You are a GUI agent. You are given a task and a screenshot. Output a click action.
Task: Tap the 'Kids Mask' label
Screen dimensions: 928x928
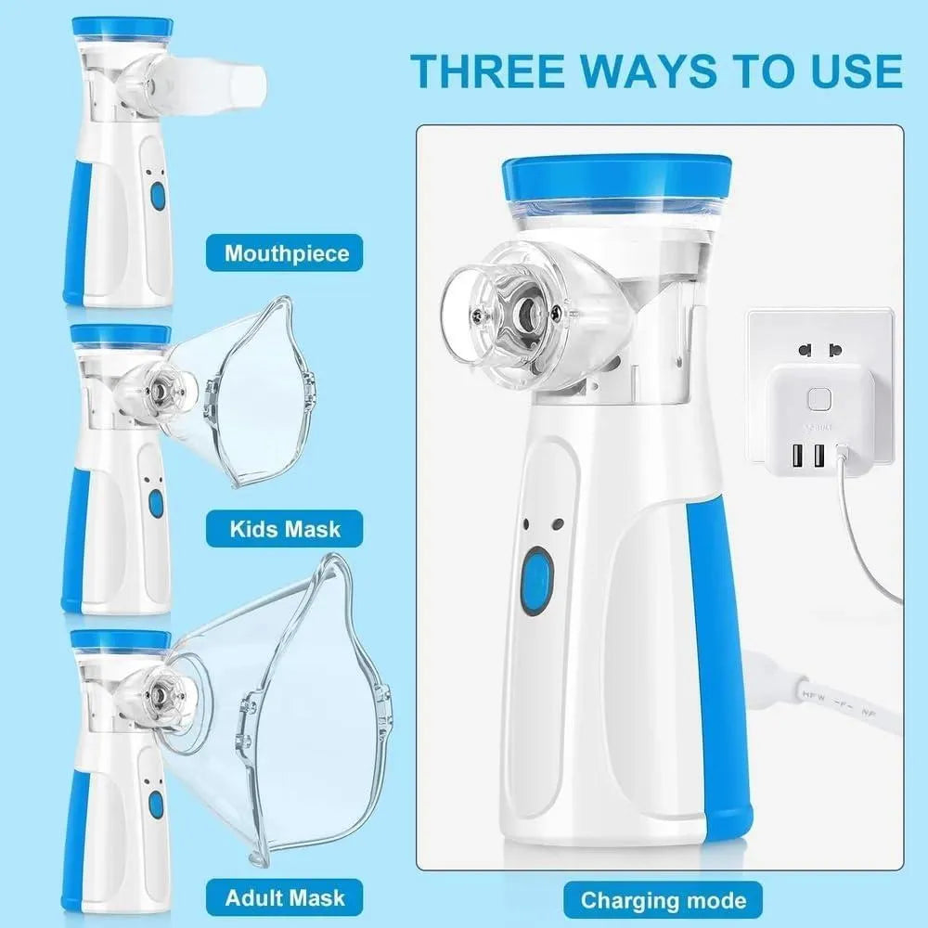pyautogui.click(x=285, y=530)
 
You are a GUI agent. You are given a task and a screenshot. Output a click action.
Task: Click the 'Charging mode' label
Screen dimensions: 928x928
pyautogui.click(x=663, y=899)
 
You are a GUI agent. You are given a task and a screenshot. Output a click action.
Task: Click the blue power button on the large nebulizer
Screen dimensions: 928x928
pyautogui.click(x=536, y=581)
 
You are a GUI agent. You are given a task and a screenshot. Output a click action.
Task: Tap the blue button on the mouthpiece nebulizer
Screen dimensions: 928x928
pyautogui.click(x=157, y=196)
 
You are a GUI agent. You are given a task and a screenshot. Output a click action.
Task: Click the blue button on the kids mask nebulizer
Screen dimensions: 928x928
pyautogui.click(x=156, y=503)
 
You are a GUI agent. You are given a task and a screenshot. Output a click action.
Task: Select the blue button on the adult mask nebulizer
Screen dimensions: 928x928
pyautogui.click(x=156, y=804)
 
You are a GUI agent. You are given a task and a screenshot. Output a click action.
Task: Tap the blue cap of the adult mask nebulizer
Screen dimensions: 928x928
pyautogui.click(x=121, y=639)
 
